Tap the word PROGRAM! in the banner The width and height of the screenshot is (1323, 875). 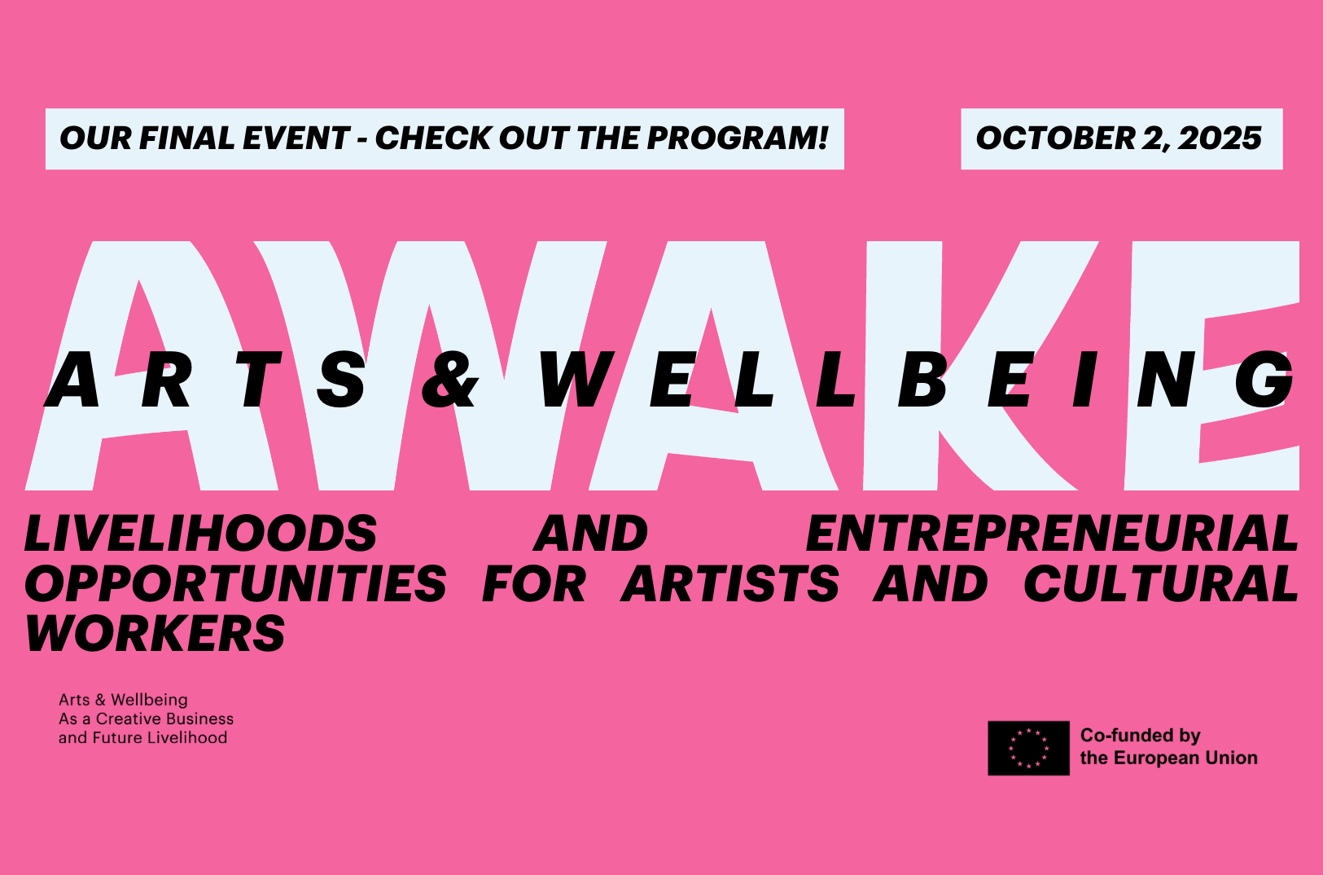pyautogui.click(x=738, y=139)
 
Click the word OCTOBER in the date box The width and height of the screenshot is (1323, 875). pyautogui.click(x=1054, y=139)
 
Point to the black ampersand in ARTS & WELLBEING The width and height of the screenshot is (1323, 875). pyautogui.click(x=449, y=380)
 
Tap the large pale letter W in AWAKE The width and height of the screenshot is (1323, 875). pyautogui.click(x=432, y=365)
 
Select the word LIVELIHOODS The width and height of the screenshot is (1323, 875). pyautogui.click(x=201, y=534)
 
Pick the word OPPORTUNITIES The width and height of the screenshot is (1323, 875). pyautogui.click(x=235, y=583)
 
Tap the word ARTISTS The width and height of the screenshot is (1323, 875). pyautogui.click(x=729, y=583)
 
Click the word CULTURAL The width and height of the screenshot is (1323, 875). pyautogui.click(x=1161, y=583)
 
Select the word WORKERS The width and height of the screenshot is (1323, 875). pyautogui.click(x=156, y=633)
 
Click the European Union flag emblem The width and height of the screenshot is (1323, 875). pyautogui.click(x=1028, y=748)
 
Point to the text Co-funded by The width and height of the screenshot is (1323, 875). pyautogui.click(x=1141, y=736)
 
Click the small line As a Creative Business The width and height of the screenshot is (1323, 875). pyautogui.click(x=146, y=719)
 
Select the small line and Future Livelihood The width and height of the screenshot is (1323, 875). pyautogui.click(x=143, y=738)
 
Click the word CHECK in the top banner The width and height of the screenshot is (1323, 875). pyautogui.click(x=432, y=139)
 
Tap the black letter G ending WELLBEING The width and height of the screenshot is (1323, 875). pyautogui.click(x=1264, y=380)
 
